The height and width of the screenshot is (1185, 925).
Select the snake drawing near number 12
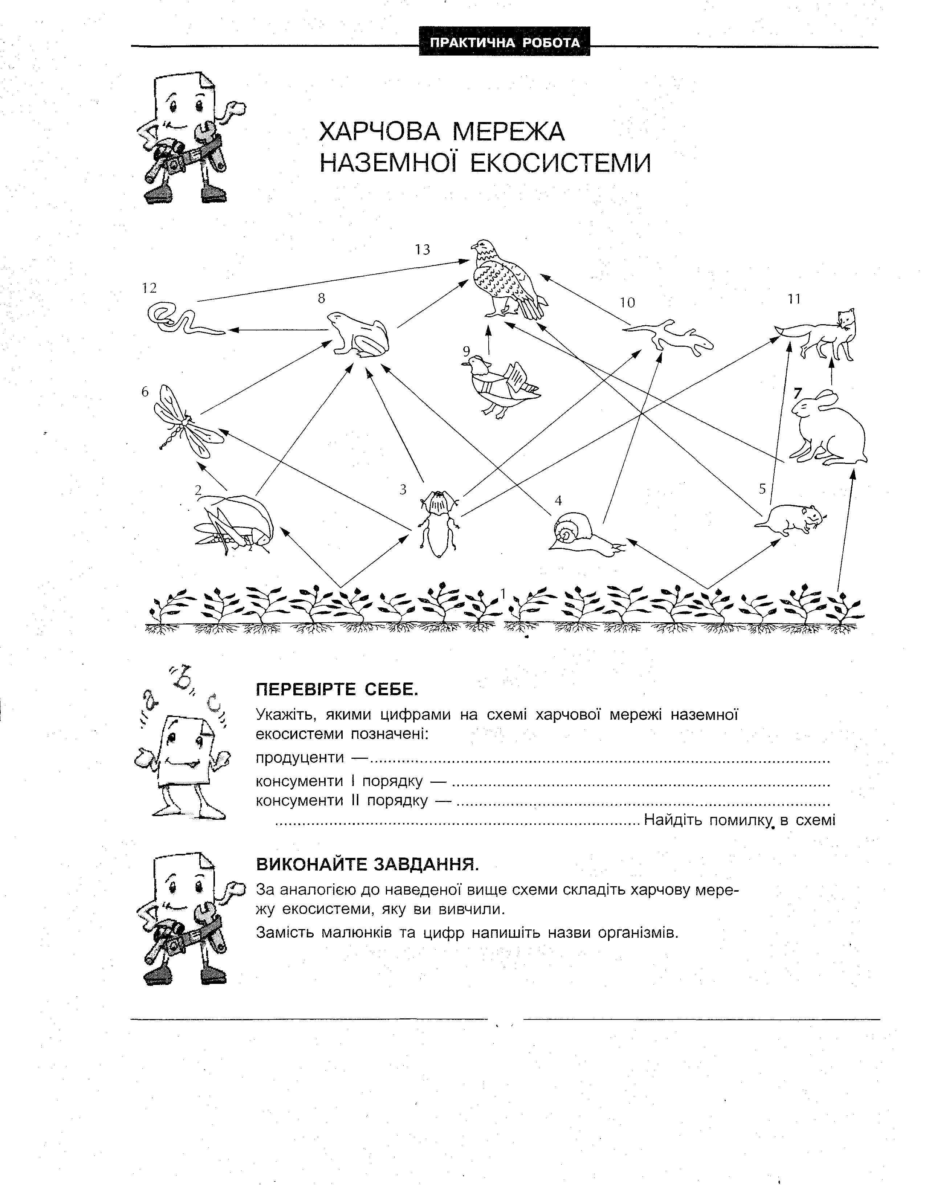click(182, 320)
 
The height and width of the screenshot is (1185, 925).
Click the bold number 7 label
click(797, 394)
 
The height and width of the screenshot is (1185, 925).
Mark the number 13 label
click(423, 249)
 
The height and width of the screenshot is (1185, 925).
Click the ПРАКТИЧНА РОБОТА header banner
click(505, 43)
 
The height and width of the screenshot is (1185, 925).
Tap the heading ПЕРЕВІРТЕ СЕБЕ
click(337, 690)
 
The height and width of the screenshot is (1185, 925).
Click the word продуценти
click(299, 757)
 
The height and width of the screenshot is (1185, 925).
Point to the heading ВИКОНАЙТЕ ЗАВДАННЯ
click(367, 864)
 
